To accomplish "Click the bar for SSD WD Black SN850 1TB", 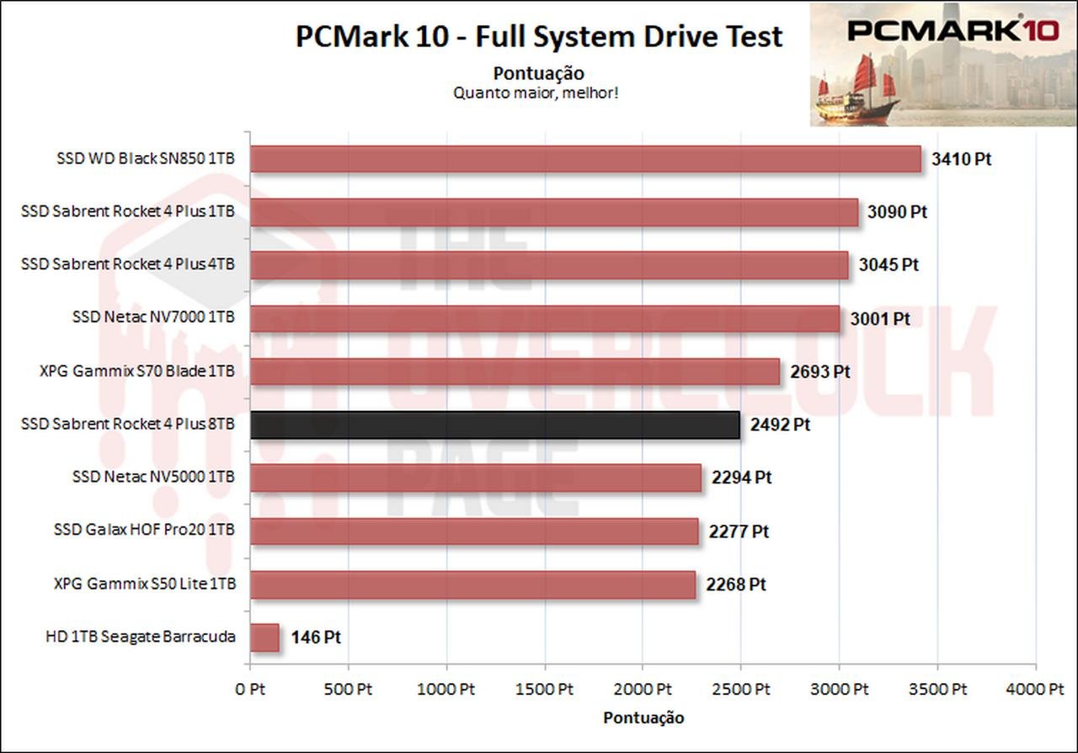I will click(x=585, y=158).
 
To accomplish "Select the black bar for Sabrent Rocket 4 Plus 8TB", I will click(x=495, y=425).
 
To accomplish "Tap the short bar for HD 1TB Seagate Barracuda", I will click(x=264, y=638).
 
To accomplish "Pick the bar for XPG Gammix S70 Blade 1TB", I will click(x=515, y=371).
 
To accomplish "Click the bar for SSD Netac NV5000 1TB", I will click(x=476, y=478).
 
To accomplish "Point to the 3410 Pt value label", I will click(x=961, y=158).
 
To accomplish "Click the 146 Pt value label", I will click(x=316, y=638).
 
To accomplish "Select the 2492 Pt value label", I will click(x=780, y=425).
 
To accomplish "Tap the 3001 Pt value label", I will click(x=880, y=319).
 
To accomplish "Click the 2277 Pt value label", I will click(x=739, y=531).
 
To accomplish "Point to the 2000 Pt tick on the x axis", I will click(x=642, y=690).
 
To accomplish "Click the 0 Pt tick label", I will click(x=249, y=690).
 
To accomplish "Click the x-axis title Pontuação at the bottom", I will click(x=643, y=718).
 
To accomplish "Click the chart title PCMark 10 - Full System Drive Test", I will click(x=539, y=37).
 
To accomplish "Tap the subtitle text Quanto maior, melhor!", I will click(x=536, y=93).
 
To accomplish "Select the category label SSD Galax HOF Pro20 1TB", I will click(x=144, y=531).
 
